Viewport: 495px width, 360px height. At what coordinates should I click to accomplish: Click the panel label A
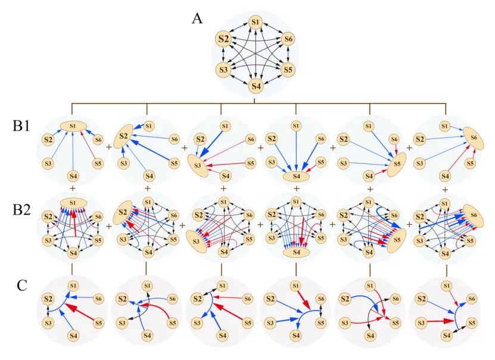click(x=197, y=18)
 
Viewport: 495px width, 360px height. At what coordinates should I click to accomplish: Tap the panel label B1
click(x=21, y=128)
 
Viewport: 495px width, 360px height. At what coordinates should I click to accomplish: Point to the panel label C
click(x=23, y=285)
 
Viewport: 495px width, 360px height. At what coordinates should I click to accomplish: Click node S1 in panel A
click(x=256, y=22)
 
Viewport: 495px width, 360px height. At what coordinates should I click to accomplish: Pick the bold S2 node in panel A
click(x=225, y=39)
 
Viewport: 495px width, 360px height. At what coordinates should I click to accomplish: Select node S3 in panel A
click(x=224, y=69)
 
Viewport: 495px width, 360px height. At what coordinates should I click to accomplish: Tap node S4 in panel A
click(x=256, y=86)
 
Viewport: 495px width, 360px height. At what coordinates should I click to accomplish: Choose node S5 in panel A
click(x=287, y=69)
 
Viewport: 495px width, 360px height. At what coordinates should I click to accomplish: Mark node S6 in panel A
click(x=288, y=39)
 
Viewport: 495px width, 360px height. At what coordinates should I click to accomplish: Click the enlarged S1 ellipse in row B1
click(x=73, y=126)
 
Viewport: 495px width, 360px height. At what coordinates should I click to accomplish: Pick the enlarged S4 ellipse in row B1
click(x=295, y=177)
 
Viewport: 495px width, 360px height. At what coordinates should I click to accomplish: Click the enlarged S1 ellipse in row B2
click(x=73, y=203)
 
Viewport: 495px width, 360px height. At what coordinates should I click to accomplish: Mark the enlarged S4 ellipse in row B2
click(x=295, y=253)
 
